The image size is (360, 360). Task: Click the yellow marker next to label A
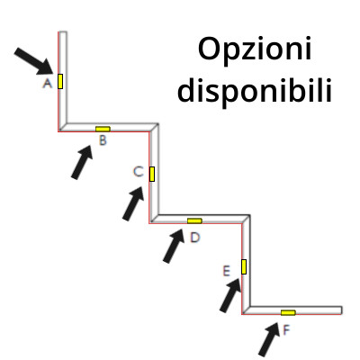pos(60,81)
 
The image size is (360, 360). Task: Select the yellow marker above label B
pos(103,129)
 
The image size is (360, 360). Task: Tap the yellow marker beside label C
pos(152,174)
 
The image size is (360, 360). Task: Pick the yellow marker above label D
pos(194,220)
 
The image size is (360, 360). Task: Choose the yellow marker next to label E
pos(244,266)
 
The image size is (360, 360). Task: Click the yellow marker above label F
pos(288,312)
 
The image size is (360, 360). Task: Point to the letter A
pos(48,83)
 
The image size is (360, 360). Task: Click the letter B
pos(103,140)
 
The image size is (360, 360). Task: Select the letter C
pos(138,172)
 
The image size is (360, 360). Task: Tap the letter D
pos(195,238)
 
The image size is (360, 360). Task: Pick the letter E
pos(226,271)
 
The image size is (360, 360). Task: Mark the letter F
pos(286,330)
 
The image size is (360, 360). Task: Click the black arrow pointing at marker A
pos(34,61)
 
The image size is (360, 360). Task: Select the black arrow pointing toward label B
pos(82,162)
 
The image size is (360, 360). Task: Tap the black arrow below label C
pos(133,203)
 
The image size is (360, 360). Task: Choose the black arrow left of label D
pos(174,247)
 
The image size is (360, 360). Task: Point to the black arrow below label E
pos(230,295)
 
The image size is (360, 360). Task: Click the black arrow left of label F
pos(269,339)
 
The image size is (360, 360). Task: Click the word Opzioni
pos(255,49)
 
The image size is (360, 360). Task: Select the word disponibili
pos(255,90)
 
